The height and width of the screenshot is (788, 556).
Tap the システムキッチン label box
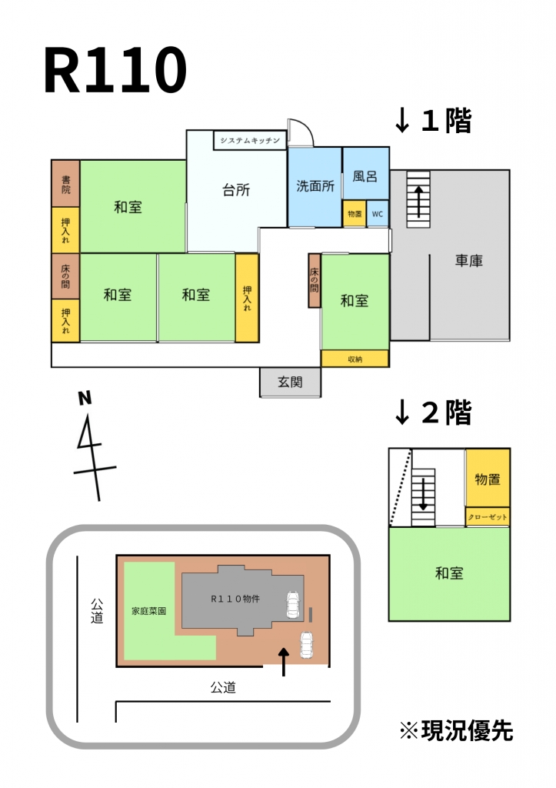pos(250,140)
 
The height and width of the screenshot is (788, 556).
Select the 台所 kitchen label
pos(236,190)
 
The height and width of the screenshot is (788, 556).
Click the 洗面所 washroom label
pos(315,186)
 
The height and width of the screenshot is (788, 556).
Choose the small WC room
pos(378,214)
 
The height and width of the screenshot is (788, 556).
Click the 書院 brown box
pos(66,184)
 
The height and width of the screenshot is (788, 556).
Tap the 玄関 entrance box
pos(291,382)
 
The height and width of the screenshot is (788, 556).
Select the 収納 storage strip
pos(355,359)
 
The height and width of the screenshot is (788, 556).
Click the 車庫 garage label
pos(468,260)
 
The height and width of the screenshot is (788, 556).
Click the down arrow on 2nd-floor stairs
pos(424,495)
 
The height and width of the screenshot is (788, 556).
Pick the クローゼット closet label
pos(488,517)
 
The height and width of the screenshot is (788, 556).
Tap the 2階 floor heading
pos(433,412)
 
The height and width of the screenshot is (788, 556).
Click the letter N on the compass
pos(85,399)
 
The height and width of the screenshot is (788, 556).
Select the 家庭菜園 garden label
pos(148,611)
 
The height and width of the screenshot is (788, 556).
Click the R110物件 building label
pos(235,599)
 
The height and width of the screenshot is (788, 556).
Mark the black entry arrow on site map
pos(284,661)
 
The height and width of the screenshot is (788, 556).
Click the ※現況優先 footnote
pos(456,731)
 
